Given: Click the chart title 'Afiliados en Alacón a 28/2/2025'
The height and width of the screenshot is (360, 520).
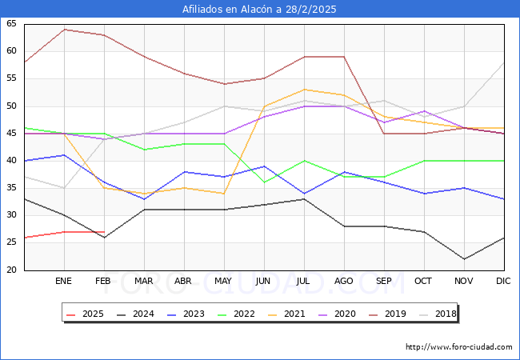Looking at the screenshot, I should pos(259,10).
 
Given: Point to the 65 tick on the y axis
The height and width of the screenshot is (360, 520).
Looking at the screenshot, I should pos(11,24).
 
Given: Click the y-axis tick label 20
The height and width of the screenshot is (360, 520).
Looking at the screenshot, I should pos(11,270).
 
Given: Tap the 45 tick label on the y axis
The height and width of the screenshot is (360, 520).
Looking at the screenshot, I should pos(11,134).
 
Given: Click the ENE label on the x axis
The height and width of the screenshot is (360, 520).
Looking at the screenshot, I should pos(64,282).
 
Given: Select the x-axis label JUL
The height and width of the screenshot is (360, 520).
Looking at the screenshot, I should pos(304,282).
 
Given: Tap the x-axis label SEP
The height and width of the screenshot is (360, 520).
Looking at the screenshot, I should pos(384,282).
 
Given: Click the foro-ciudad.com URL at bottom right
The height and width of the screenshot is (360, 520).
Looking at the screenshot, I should pos(459,347).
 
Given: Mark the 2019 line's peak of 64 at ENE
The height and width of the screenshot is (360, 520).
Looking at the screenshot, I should pos(64,30).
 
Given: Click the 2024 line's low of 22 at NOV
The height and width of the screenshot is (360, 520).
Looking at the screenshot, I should pos(464,259).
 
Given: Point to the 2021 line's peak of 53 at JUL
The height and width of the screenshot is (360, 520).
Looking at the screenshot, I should pos(304,90).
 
